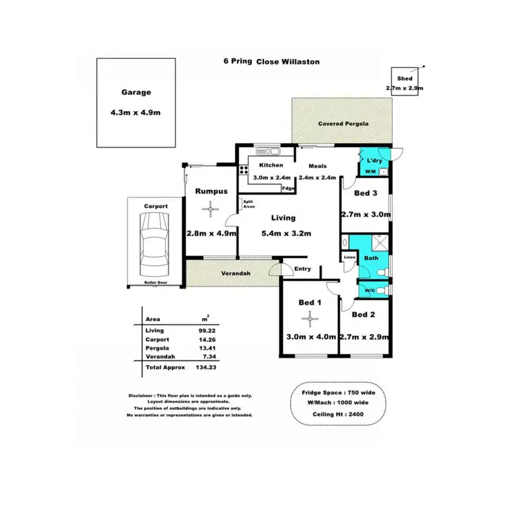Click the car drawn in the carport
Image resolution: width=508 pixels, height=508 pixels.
point(154,245)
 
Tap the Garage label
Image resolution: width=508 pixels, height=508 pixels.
point(136,93)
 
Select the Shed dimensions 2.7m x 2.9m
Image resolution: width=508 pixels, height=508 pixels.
point(404,88)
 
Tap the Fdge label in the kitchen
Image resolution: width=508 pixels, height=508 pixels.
point(288,188)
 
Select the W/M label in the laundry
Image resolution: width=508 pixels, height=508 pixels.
point(370,172)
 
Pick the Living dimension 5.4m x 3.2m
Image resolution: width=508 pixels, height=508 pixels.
point(285,234)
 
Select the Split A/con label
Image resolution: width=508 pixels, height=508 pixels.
point(249,205)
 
